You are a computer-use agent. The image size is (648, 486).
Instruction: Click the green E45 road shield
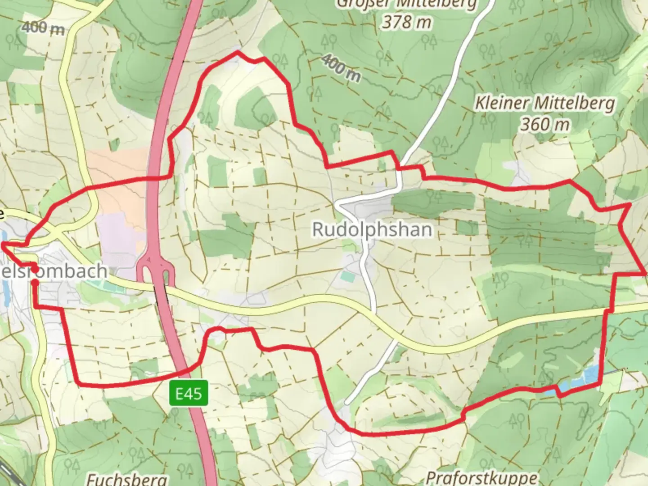pos(189,394)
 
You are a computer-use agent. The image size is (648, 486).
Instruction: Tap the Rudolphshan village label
pos(372,229)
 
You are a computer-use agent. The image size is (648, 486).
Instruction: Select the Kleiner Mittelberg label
pos(545,103)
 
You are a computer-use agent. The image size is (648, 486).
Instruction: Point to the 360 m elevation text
pos(545,124)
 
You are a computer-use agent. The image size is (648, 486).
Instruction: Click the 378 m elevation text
pos(407,22)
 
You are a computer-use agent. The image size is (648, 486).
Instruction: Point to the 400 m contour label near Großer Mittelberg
pos(342,68)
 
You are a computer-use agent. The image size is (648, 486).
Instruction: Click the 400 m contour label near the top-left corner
pos(43,28)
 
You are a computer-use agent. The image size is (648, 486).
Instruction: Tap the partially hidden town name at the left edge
pos(54,271)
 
